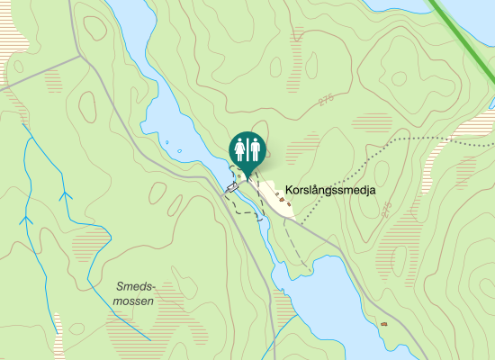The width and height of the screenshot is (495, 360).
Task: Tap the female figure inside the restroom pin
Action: coord(239,149)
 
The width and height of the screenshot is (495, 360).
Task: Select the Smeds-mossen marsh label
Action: coord(135,293)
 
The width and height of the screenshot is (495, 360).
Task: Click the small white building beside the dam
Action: coord(232,187)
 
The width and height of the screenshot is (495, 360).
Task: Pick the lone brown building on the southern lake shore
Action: coord(383,323)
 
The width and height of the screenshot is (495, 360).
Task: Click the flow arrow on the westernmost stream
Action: coord(25,218)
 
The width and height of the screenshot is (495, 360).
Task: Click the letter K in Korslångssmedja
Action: coord(289,191)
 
